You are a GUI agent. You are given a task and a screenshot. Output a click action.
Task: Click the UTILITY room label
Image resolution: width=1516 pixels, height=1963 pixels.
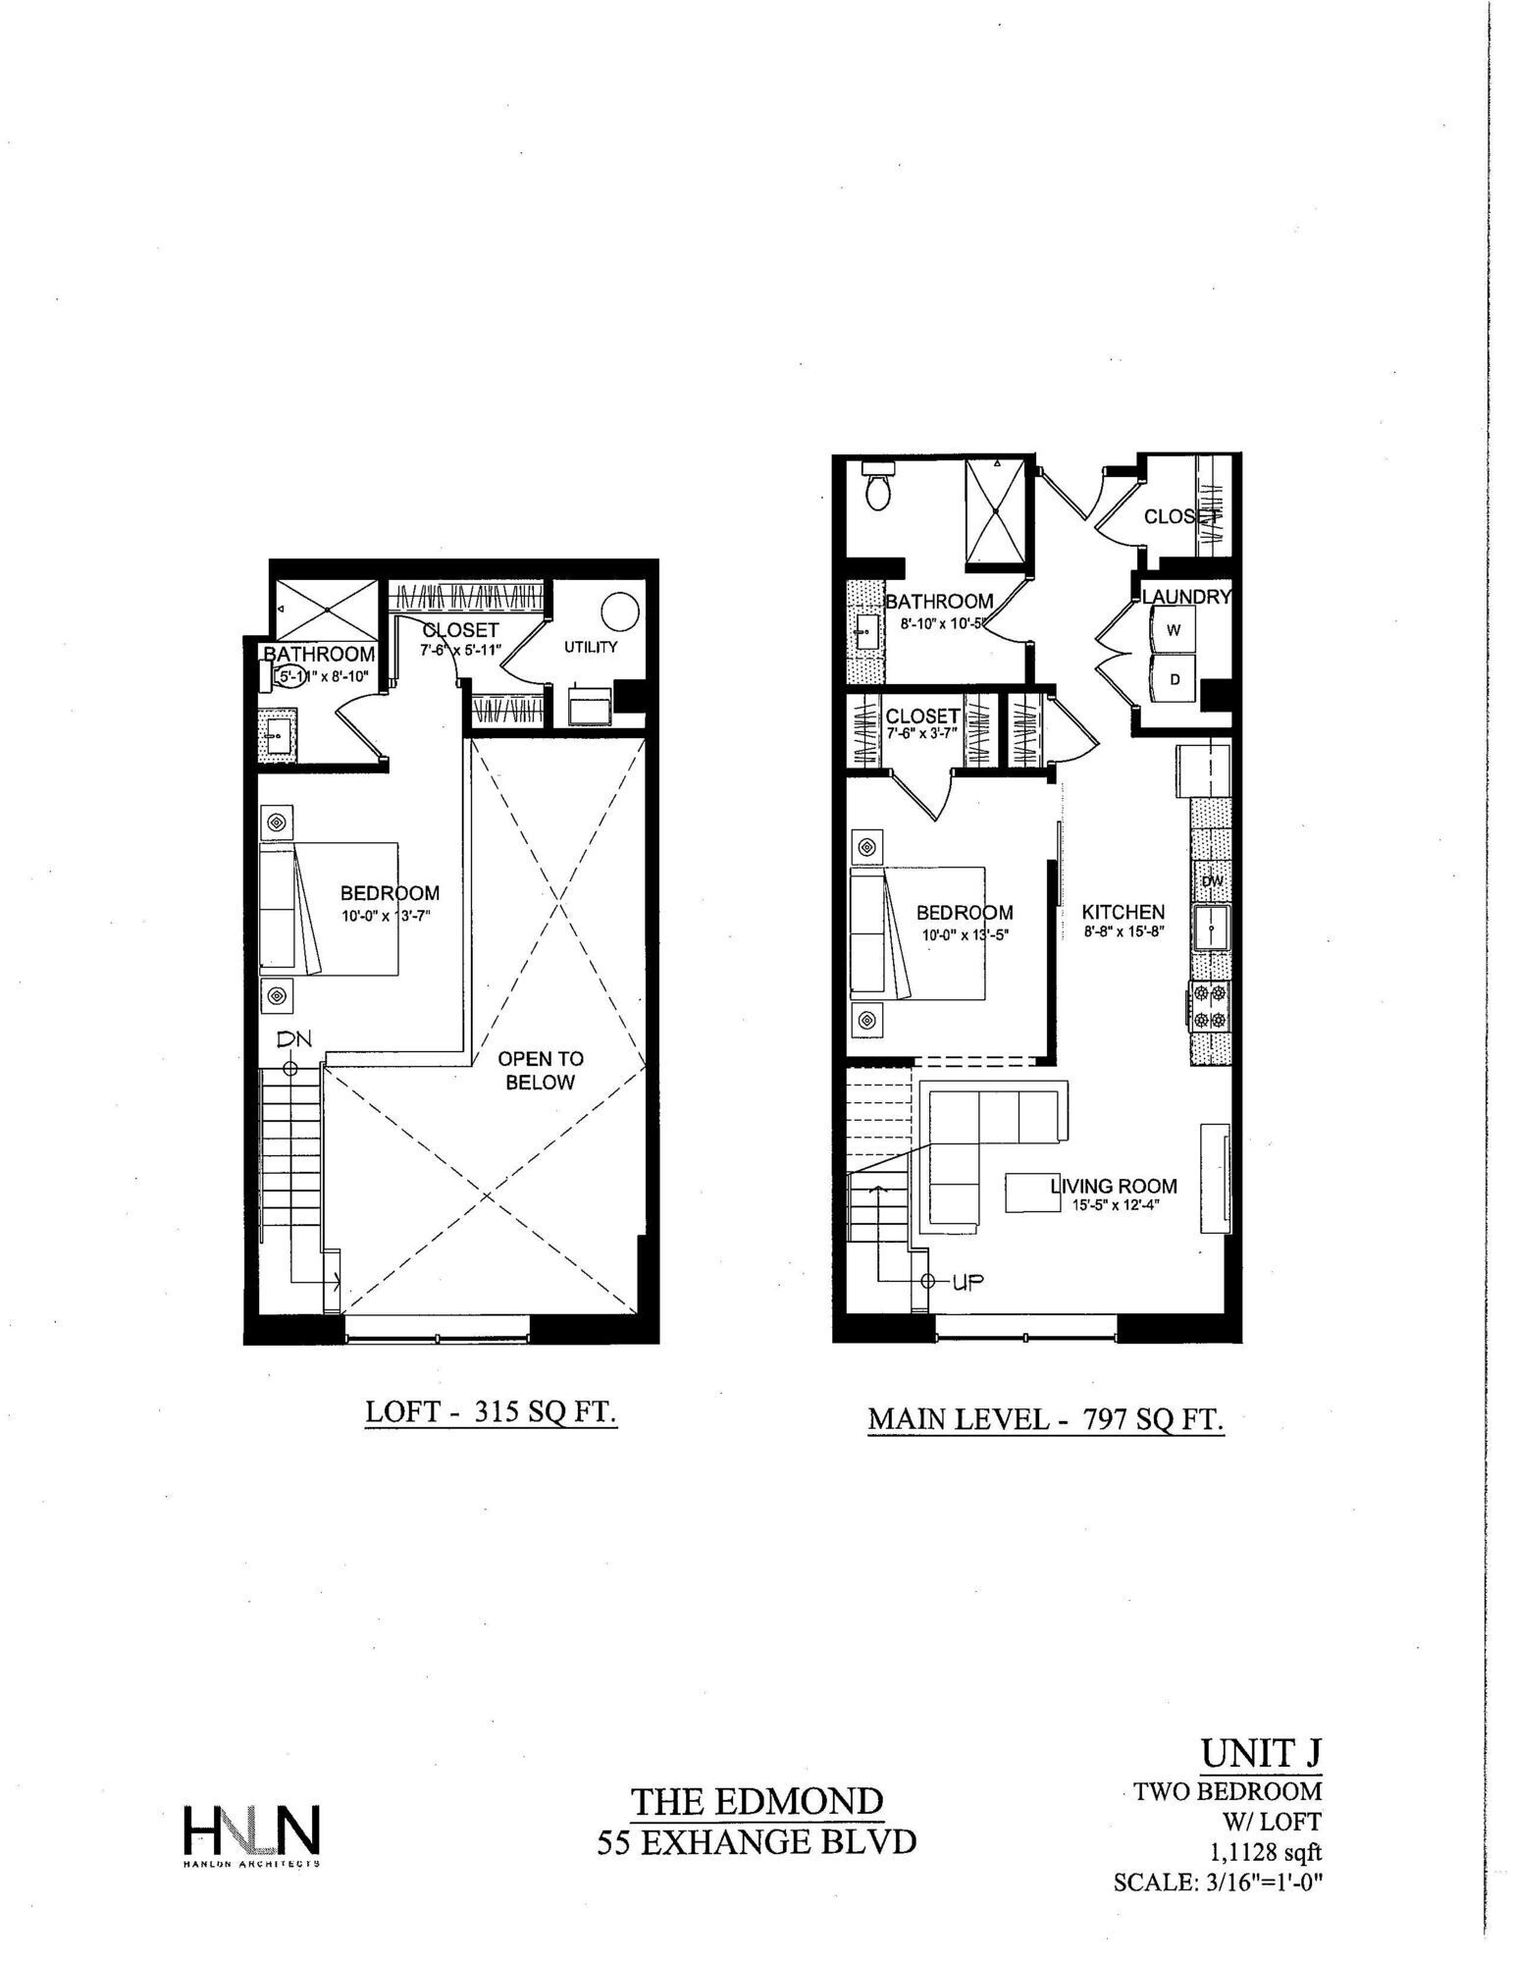pos(590,647)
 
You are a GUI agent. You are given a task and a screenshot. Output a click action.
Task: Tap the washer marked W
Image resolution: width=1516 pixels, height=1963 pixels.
pos(1174,631)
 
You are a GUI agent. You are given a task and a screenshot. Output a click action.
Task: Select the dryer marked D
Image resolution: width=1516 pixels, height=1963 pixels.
pos(1174,679)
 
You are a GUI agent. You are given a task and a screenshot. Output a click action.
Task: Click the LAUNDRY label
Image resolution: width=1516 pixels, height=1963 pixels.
pos(1185,597)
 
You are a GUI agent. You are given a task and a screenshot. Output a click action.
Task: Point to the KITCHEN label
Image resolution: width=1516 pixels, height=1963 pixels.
pos(1124,913)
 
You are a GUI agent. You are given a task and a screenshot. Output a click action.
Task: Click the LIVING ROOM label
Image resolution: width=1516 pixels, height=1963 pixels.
pos(1114,1186)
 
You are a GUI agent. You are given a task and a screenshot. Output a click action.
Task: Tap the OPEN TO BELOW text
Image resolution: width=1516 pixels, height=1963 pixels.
pos(541,1070)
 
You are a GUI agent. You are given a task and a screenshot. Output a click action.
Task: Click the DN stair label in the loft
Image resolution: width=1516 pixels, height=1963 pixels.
pos(294,1038)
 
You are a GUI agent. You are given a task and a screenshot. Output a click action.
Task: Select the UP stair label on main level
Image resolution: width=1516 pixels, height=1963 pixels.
pos(967,1282)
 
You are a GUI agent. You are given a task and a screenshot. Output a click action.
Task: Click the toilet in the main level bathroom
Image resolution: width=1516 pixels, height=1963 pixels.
pos(877,489)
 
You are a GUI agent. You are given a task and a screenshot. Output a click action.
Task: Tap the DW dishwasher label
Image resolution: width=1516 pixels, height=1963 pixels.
pos(1213,881)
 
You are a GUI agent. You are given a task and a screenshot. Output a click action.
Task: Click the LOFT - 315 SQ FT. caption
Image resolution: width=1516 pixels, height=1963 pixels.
pos(491,1412)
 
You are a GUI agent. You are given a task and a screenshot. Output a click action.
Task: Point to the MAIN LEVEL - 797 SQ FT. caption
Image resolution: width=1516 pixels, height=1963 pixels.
pos(1046,1419)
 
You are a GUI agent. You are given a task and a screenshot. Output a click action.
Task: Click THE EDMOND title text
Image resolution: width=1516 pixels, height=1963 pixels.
pos(757,1802)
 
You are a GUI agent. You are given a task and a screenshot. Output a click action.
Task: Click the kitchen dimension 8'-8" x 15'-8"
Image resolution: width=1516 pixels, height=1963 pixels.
pos(1124,933)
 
